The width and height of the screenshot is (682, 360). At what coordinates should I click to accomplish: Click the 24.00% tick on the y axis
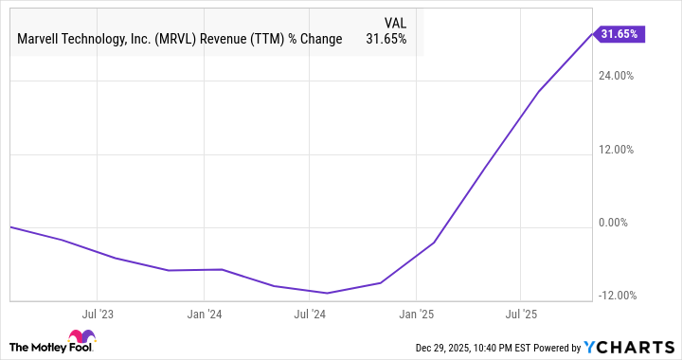tap(617, 76)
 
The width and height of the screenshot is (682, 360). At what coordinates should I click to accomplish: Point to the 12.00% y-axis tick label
tap(617, 150)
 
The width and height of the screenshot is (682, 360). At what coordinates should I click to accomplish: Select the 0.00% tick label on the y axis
tap(619, 224)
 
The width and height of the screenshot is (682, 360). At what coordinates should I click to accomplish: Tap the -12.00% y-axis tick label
tap(615, 296)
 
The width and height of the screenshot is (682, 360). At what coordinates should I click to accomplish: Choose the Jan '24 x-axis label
tap(204, 313)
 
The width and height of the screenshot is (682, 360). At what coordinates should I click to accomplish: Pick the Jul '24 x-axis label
tap(310, 313)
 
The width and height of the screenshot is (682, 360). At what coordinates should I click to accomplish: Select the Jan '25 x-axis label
tap(416, 313)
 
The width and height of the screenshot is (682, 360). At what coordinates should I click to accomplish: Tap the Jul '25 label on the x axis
tap(521, 313)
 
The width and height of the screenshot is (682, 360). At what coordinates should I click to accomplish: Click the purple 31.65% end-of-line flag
tap(619, 34)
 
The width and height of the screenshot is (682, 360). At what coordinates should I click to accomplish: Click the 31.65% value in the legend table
tap(386, 40)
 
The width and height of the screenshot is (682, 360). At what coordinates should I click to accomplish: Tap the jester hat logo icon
tap(81, 338)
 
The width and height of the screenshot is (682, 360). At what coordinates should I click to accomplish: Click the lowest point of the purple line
tap(328, 293)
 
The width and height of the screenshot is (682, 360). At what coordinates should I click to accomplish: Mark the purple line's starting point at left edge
tap(9, 227)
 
